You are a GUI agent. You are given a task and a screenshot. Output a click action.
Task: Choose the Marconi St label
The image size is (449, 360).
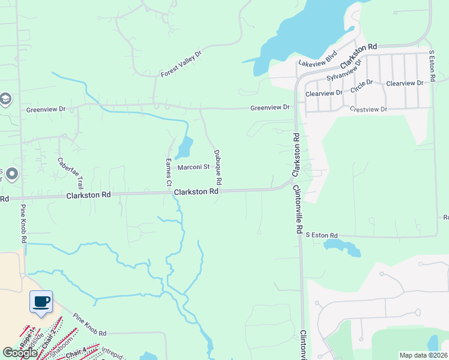(193, 167)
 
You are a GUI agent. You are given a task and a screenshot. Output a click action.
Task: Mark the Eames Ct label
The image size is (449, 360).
(169, 172)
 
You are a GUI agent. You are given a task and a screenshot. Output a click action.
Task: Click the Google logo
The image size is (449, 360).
(19, 353)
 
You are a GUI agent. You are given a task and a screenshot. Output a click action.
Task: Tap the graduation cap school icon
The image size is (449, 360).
(5, 99)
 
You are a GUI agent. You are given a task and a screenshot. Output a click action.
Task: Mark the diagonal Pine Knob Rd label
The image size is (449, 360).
(89, 325)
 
